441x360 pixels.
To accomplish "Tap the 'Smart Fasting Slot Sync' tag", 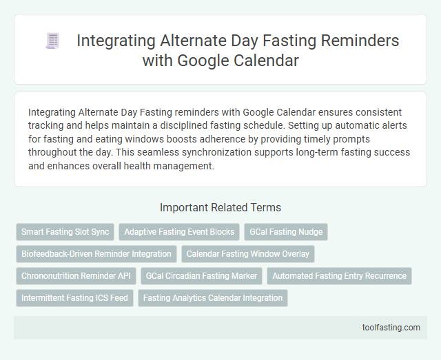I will [x=65, y=232].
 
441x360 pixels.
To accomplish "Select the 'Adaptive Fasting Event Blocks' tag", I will [x=179, y=232].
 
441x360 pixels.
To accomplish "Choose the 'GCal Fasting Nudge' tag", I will [x=286, y=232].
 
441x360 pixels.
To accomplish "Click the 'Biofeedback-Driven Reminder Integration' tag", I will [x=96, y=254].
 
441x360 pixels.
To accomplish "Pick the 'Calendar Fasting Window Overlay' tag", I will [x=248, y=254].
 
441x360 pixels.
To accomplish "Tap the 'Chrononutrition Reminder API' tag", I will [x=76, y=276].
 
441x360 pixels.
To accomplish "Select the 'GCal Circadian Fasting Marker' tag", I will [x=201, y=276].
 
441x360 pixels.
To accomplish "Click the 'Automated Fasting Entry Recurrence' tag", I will [x=339, y=276].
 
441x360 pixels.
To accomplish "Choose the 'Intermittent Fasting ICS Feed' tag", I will [x=74, y=298].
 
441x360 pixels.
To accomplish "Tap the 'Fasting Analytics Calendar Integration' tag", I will [x=213, y=298].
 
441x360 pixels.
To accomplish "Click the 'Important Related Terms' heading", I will [x=220, y=207].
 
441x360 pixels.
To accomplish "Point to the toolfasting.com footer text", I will [x=391, y=327].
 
